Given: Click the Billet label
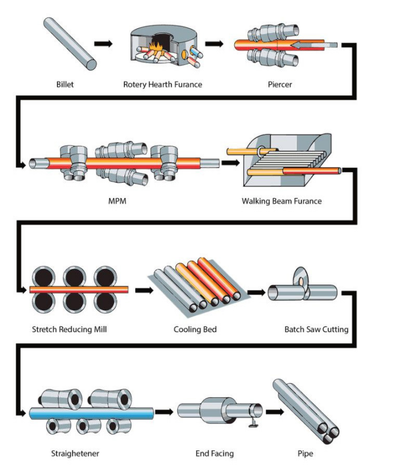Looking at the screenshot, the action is (x=65, y=85).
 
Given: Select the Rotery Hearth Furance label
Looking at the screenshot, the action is (x=163, y=85).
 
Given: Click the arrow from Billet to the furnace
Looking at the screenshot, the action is (x=104, y=44).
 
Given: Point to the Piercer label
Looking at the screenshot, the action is (x=279, y=85).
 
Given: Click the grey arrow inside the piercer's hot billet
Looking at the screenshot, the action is (x=314, y=45).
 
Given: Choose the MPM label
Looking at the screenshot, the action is (x=117, y=201).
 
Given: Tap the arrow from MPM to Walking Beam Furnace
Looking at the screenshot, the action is (x=230, y=163).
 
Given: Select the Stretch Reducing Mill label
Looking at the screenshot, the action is (x=69, y=329).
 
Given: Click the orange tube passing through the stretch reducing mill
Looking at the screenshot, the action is (x=79, y=290).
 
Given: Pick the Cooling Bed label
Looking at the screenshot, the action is (x=195, y=329).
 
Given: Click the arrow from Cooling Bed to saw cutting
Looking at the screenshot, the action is (x=256, y=293).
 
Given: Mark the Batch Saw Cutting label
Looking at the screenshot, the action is (x=316, y=329).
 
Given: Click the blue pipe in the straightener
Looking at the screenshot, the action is (x=92, y=414).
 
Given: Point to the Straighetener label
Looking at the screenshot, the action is (x=75, y=453).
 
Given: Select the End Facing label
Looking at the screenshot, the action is (x=214, y=453).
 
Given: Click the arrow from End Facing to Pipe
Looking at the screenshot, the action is (x=275, y=412).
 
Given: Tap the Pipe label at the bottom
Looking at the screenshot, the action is (x=305, y=454).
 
